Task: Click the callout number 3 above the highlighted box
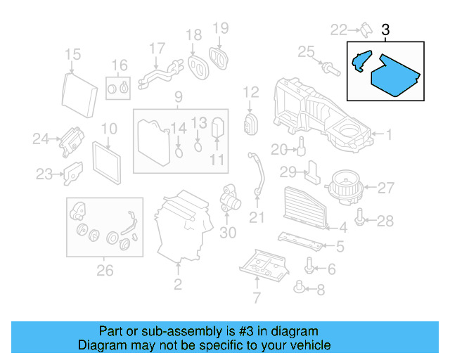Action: point(385,30)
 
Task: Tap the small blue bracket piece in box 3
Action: point(359,62)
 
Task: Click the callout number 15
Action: point(72,55)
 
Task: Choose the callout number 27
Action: point(386,188)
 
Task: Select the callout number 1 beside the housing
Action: point(389,134)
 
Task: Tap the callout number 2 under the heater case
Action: point(177,284)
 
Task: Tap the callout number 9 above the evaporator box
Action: point(178,96)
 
